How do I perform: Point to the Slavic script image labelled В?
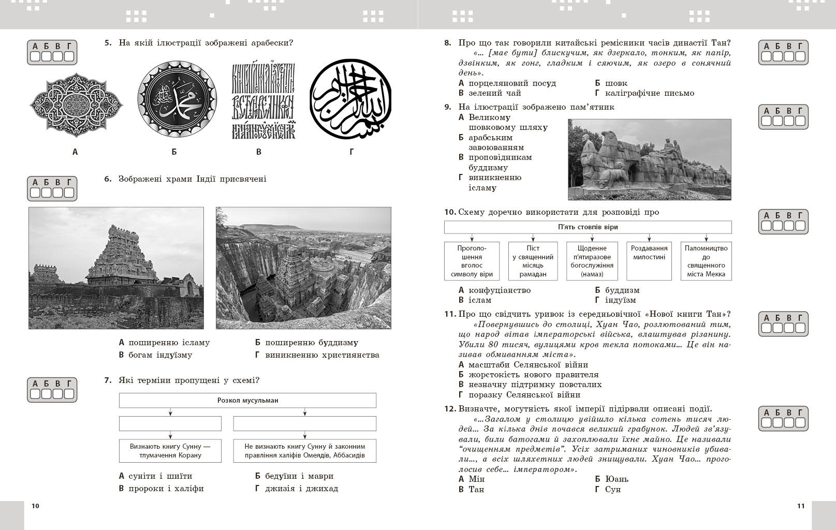[263, 101]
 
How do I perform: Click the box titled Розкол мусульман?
[247, 401]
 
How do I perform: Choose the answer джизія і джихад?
[301, 489]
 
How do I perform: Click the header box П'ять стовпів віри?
[588, 227]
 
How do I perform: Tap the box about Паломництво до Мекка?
[706, 261]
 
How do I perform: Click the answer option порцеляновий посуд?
[512, 83]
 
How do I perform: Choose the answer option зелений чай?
[494, 93]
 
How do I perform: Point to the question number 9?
[448, 107]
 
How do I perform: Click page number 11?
[801, 506]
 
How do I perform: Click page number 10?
[35, 506]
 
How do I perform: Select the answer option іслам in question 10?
[480, 300]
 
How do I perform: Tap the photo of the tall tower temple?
[116, 268]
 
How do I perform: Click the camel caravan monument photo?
[649, 159]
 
